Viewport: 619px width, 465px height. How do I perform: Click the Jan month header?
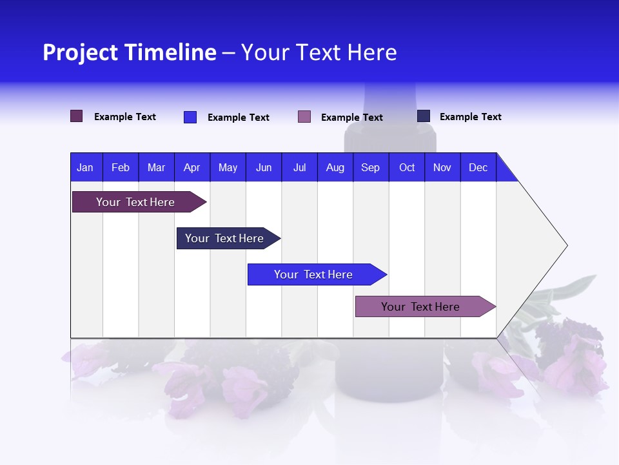coord(86,167)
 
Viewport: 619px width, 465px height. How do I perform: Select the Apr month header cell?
coord(192,167)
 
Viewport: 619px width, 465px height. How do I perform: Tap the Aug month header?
coord(335,167)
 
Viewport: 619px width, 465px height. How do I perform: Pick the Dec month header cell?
coord(478,167)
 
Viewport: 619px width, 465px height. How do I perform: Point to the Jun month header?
coord(264,167)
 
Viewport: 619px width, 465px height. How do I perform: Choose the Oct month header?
coord(407,167)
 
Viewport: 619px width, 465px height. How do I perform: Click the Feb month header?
coord(121,167)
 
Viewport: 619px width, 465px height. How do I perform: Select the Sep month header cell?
coord(371,167)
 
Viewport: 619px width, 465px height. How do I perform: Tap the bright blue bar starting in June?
coord(314,274)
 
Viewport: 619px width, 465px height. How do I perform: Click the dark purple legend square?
coord(77,116)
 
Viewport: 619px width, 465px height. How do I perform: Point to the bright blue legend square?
coord(190,117)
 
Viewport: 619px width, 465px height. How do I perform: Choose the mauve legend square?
coord(304,117)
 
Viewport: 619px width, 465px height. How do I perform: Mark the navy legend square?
coord(424,116)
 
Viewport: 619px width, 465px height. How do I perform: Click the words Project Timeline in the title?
coord(130,52)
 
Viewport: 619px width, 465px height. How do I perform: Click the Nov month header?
coord(442,167)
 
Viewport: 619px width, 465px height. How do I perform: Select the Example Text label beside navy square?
coord(470,117)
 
